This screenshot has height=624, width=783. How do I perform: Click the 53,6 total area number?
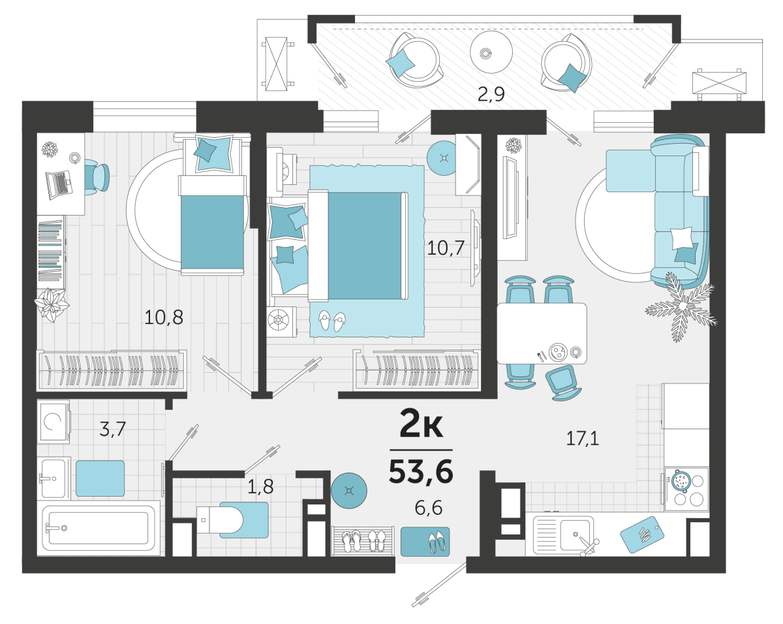coord(421,472)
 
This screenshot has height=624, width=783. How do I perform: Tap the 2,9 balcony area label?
coord(491,95)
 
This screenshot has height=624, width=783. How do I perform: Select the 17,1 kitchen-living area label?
coord(582,438)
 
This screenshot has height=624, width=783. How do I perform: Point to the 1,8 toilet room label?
coord(260,486)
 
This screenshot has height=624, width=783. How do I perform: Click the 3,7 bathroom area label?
coord(112,429)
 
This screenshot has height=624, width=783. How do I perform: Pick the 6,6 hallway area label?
coord(428,507)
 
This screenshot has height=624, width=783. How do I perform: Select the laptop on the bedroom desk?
coord(59,185)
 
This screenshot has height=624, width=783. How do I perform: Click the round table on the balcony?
coord(491,52)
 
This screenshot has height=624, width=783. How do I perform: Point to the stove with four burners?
coord(686,489)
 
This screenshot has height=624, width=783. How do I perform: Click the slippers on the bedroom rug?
coord(331,320)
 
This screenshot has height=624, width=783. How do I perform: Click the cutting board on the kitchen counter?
coord(642,534)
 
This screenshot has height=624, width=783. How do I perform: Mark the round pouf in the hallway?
coord(349,491)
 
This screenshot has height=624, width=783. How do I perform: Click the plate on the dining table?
coord(557,352)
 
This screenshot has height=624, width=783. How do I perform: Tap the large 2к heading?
coord(421,423)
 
